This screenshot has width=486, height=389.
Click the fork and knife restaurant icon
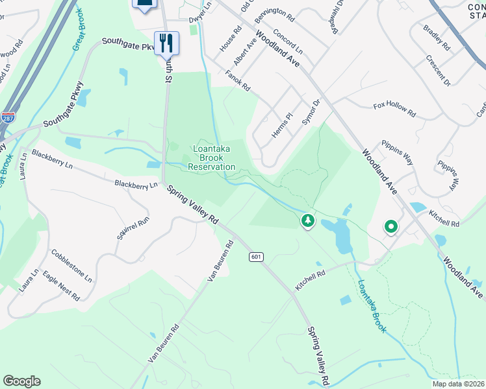tap(166, 43)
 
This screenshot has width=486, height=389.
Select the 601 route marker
tap(255, 257)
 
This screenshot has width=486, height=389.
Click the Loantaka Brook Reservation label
tap(211, 158)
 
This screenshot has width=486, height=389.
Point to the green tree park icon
tap(307, 221)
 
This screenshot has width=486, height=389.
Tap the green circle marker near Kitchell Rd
tap(390, 227)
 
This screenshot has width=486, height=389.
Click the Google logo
tap(21, 381)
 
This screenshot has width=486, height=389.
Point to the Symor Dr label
tap(313, 113)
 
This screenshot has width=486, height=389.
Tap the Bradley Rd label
tap(436, 38)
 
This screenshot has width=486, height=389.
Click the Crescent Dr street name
tap(439, 70)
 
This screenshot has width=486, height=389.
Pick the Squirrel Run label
tap(133, 229)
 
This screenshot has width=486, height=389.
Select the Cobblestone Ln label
tap(71, 265)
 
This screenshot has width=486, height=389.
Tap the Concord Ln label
tap(288, 41)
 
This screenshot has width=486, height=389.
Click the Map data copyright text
tap(459, 383)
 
